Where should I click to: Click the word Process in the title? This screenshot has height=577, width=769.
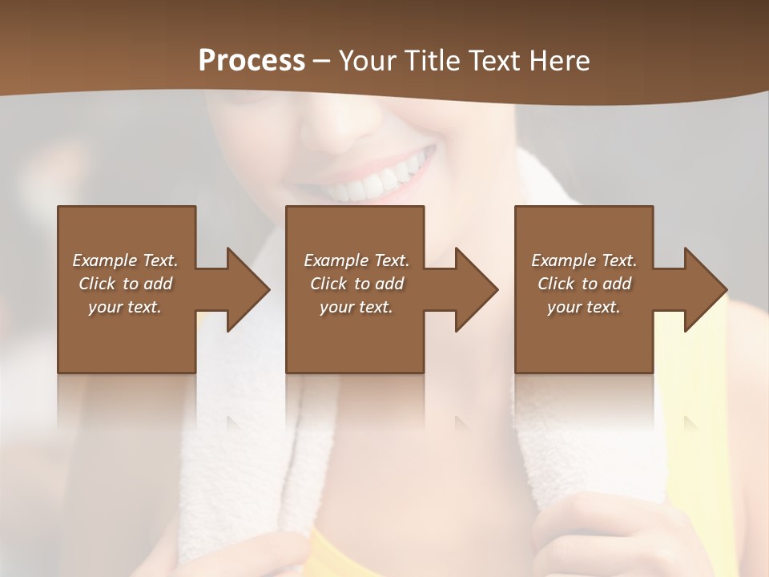pyautogui.click(x=252, y=61)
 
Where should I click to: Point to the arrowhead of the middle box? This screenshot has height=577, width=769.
pyautogui.click(x=476, y=289)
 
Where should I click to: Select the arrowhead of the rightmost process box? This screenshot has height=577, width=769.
pyautogui.click(x=705, y=289)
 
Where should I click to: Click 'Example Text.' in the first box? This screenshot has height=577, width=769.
pyautogui.click(x=125, y=260)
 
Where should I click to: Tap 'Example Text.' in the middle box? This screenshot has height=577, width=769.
pyautogui.click(x=356, y=260)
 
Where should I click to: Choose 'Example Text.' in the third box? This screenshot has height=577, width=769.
pyautogui.click(x=584, y=260)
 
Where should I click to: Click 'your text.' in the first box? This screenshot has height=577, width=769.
pyautogui.click(x=125, y=307)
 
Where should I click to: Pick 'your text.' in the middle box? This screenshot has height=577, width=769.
pyautogui.click(x=356, y=307)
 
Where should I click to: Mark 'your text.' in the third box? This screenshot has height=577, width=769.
pyautogui.click(x=584, y=307)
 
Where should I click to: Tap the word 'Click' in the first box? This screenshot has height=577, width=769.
pyautogui.click(x=98, y=284)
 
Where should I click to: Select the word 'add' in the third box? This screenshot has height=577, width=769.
pyautogui.click(x=618, y=284)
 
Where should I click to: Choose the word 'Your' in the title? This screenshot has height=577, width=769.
pyautogui.click(x=366, y=61)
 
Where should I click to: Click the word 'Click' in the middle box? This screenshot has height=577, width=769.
pyautogui.click(x=329, y=284)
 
